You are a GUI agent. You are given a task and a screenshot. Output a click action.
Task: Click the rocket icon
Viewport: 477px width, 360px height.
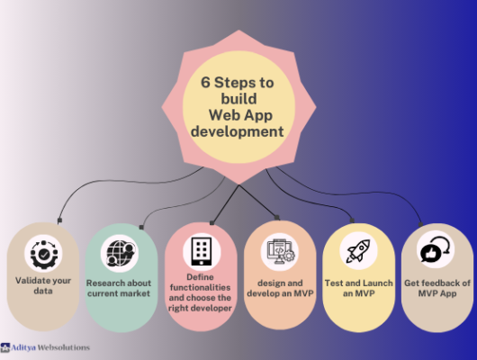click(x=359, y=251)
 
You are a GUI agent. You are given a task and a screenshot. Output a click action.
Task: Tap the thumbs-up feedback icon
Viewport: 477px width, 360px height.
click(x=435, y=249)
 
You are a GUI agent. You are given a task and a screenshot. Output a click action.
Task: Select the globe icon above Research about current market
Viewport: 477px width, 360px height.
click(x=121, y=253)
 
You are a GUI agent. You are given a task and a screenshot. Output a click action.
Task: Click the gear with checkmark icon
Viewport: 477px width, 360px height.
click(x=44, y=255)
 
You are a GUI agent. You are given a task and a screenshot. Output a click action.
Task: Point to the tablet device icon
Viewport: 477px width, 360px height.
click(x=202, y=251)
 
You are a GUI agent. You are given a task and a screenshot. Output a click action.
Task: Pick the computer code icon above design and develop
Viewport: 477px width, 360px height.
click(x=280, y=251)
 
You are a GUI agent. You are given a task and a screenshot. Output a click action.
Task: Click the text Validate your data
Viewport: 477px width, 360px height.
click(x=43, y=285)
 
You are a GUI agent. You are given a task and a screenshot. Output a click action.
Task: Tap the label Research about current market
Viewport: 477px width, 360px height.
click(x=119, y=288)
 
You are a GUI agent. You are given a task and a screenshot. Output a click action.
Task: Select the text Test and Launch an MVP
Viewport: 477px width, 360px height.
click(x=359, y=288)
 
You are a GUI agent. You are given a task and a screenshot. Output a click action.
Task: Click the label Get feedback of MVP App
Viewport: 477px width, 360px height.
click(x=437, y=288)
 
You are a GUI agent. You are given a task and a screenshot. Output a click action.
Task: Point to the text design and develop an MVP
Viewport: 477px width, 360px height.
click(x=280, y=288)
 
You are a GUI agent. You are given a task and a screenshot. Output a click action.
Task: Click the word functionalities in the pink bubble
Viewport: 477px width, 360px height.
click(x=200, y=287)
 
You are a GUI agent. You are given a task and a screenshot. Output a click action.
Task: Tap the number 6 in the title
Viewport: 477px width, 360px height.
click(x=205, y=82)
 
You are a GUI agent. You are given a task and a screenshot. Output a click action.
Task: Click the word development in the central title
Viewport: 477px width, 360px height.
click(x=238, y=131)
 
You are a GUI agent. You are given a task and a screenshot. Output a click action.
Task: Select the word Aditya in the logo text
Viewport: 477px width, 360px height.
click(x=23, y=347)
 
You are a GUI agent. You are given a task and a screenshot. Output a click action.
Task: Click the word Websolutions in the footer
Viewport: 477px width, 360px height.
click(x=63, y=347)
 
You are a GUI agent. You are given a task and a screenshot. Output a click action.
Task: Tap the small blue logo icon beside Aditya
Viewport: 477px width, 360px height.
click(x=4, y=347)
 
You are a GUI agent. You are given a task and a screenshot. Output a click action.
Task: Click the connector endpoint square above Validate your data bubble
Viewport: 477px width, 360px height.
click(x=59, y=220)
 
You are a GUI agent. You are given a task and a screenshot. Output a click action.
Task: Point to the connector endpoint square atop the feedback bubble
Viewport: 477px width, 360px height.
click(x=420, y=225)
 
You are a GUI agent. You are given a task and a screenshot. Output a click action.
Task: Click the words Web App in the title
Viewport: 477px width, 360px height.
click(x=240, y=115)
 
